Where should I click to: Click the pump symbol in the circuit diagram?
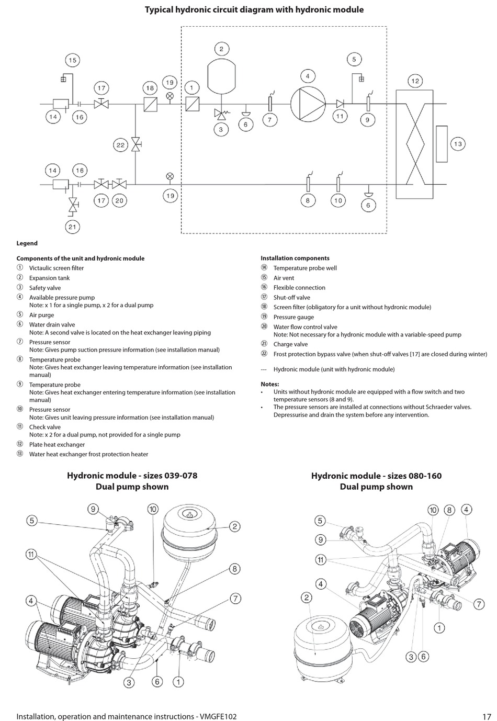click(308, 104)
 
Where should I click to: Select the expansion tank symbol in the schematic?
click(221, 75)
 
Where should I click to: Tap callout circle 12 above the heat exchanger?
click(415, 81)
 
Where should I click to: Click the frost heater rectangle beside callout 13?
click(442, 144)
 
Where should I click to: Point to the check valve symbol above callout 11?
click(340, 104)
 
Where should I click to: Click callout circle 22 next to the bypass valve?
click(120, 145)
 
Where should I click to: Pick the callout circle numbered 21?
click(72, 227)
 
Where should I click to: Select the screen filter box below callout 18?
click(150, 104)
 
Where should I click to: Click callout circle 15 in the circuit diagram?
click(72, 60)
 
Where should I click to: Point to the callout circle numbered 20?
click(119, 200)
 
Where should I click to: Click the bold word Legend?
click(27, 243)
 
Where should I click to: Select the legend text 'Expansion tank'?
click(49, 278)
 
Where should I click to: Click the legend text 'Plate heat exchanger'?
click(57, 445)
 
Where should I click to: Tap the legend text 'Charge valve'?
click(290, 344)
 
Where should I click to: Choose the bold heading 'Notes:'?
click(270, 384)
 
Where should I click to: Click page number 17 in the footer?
click(487, 716)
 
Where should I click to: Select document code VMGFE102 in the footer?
click(218, 716)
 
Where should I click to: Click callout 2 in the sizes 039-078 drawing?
click(234, 526)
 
